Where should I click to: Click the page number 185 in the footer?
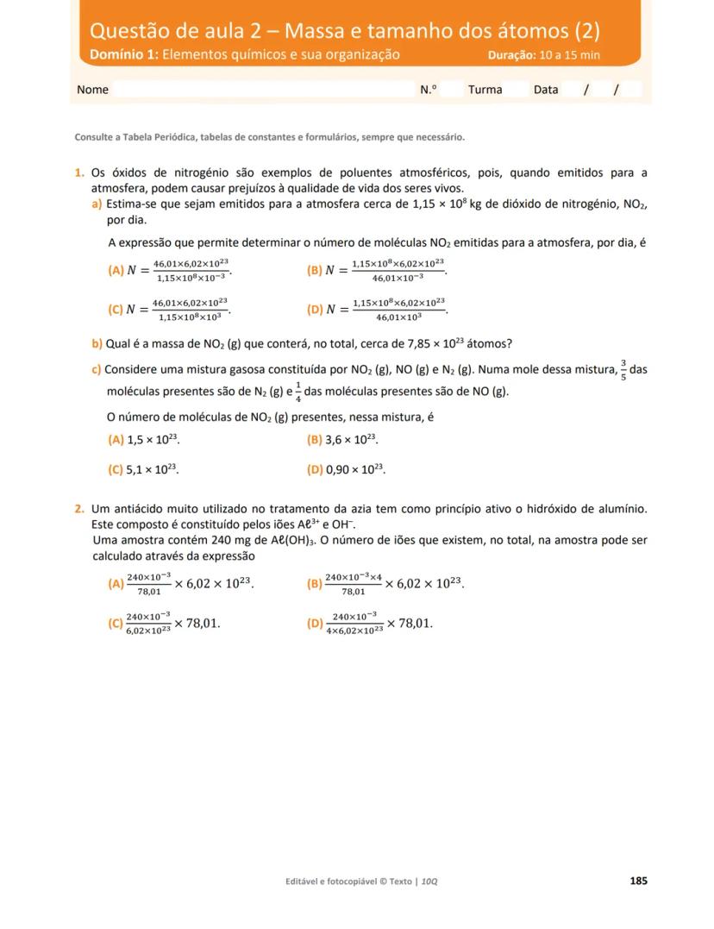(x=638, y=881)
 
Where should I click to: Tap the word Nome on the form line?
(x=92, y=90)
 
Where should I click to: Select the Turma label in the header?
(x=485, y=90)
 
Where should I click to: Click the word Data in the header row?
(x=546, y=90)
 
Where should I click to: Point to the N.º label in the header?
(x=429, y=90)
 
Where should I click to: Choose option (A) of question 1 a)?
(x=116, y=270)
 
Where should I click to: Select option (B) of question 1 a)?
(x=314, y=270)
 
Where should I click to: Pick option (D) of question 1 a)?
(x=314, y=310)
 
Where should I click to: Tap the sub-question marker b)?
(x=97, y=343)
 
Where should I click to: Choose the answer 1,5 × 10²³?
(x=153, y=440)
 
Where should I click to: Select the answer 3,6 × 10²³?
(x=351, y=440)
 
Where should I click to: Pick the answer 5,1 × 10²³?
(x=152, y=470)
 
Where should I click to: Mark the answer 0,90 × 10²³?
(x=354, y=470)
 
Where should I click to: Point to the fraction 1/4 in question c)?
(x=298, y=392)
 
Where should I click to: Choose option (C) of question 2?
(x=116, y=623)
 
